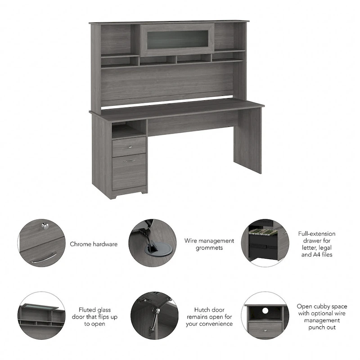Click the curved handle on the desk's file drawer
pyautogui.click(x=130, y=160)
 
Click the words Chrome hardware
pyautogui.click(x=94, y=244)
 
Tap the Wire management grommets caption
pyautogui.click(x=210, y=244)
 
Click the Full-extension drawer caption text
pyautogui.click(x=317, y=244)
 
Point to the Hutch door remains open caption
pyautogui.click(x=210, y=317)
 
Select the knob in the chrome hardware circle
pyautogui.click(x=45, y=227)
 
